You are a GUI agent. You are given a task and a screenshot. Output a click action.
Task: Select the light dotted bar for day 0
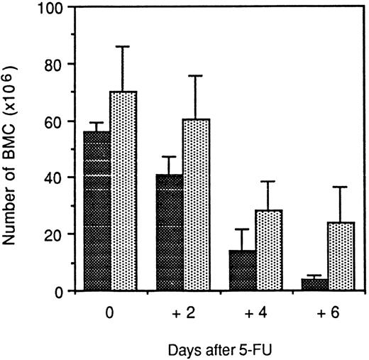coord(123,191)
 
